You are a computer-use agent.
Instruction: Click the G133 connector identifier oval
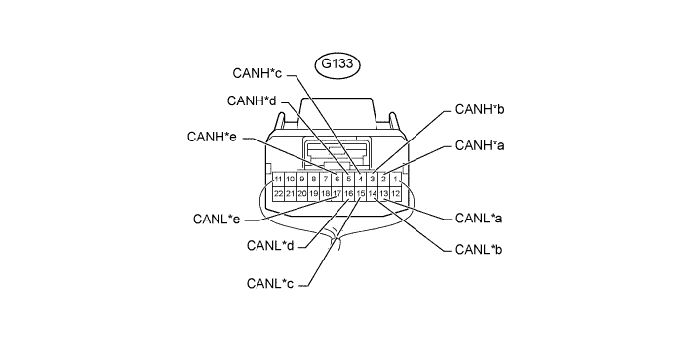[x=336, y=64]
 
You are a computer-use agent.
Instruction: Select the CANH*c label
[x=257, y=73]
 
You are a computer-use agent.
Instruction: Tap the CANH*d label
[x=252, y=101]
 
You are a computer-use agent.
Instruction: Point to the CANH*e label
[x=212, y=137]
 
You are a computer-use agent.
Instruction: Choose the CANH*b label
[x=480, y=110]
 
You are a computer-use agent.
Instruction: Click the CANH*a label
[x=480, y=146]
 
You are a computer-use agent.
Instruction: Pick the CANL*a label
[x=479, y=219]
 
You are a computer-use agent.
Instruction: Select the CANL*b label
[x=479, y=250]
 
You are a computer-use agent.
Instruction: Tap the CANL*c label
[x=270, y=284]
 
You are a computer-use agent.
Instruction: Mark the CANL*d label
[x=270, y=246]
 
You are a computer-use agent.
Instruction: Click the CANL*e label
[x=217, y=220]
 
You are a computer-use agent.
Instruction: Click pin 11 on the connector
[x=278, y=179]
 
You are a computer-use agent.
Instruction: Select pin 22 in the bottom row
[x=278, y=194]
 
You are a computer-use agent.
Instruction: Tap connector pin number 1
[x=396, y=179]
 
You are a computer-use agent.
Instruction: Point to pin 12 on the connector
[x=396, y=194]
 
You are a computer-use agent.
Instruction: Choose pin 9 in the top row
[x=301, y=179]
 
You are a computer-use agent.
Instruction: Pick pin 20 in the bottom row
[x=301, y=194]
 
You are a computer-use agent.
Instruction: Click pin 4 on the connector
[x=361, y=179]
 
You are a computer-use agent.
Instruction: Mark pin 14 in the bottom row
[x=373, y=194]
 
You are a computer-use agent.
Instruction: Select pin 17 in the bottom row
[x=336, y=194]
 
